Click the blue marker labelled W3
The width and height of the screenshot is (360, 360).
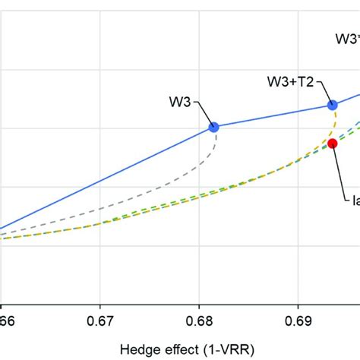click(x=213, y=128)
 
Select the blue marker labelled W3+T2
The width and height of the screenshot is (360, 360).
click(x=332, y=106)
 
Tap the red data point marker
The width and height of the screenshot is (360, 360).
click(x=332, y=143)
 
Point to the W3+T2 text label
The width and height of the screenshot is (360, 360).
click(x=292, y=81)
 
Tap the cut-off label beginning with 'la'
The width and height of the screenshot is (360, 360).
click(x=354, y=200)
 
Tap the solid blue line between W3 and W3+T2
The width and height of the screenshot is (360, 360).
click(x=273, y=116)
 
